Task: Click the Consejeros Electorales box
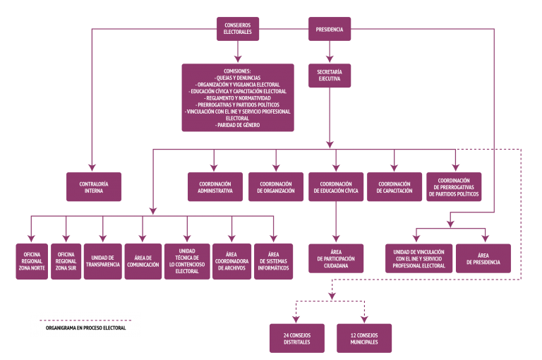[238, 29]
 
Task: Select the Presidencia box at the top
[330, 29]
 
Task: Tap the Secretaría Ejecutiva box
[330, 76]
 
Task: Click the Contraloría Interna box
[94, 187]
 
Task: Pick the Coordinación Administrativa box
[215, 187]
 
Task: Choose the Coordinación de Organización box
[276, 187]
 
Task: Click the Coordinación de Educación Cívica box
[336, 187]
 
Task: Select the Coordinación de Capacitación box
[395, 187]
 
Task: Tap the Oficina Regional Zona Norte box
[32, 261]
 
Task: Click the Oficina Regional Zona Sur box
[66, 261]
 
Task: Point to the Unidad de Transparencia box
[102, 261]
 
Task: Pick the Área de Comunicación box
[143, 261]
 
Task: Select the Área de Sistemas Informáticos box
[273, 261]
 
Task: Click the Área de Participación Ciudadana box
[336, 258]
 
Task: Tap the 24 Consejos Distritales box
[297, 338]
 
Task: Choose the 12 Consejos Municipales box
[364, 338]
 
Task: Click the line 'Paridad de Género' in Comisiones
[238, 125]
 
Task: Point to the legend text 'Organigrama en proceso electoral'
[85, 328]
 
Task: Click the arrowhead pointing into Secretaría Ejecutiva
[330, 59]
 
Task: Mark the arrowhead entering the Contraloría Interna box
[92, 167]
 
